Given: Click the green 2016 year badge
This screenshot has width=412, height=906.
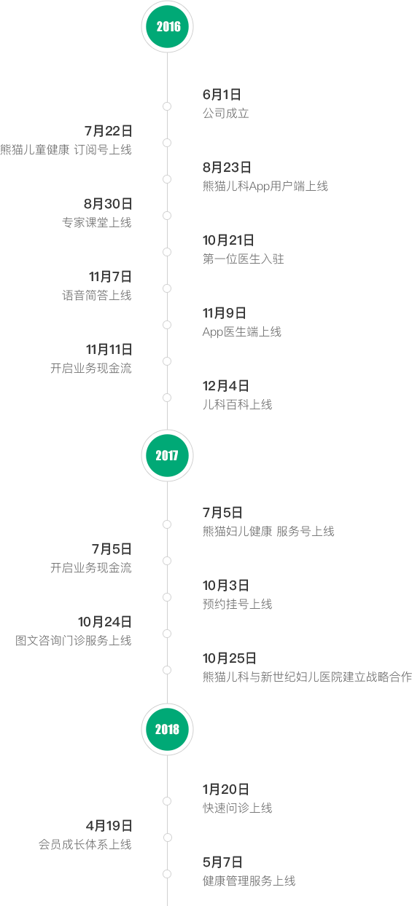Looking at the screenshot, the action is (167, 27).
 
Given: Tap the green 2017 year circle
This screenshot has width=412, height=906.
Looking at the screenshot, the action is (167, 455).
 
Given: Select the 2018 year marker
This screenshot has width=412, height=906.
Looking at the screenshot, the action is (167, 729).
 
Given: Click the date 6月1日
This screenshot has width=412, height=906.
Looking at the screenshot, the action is (222, 95).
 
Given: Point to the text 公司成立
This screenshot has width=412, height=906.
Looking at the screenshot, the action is (225, 114).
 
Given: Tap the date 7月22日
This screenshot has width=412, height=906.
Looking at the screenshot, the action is (108, 131).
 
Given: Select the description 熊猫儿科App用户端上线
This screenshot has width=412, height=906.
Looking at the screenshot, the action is (265, 186).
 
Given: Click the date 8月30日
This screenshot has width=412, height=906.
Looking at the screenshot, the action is (108, 204).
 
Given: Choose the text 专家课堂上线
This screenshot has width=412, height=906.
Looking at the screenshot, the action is (97, 222).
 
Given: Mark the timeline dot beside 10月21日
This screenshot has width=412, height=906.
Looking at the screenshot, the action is (167, 252).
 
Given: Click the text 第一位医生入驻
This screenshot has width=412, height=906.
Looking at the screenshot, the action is (243, 259).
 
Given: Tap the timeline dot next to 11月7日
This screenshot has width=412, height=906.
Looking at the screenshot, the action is (167, 288).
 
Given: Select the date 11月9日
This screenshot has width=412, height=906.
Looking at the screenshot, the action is (225, 313).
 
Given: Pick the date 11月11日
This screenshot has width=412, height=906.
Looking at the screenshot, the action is (109, 350).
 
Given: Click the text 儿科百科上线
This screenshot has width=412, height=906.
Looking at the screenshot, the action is (238, 404).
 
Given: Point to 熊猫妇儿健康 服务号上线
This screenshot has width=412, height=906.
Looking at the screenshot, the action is (268, 531).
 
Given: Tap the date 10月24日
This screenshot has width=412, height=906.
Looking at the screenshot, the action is (105, 622).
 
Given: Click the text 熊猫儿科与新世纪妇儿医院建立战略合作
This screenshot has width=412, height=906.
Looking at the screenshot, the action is (307, 677).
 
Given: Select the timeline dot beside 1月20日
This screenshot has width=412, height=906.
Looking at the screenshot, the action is (167, 801).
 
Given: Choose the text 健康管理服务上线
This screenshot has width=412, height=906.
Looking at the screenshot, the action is (249, 881).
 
